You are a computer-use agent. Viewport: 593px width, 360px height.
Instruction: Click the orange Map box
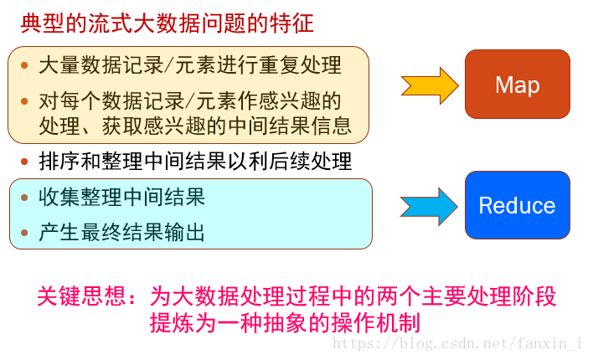[517, 85]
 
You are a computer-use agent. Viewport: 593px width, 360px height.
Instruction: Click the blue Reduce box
[517, 205]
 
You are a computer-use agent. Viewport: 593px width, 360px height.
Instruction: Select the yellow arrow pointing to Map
[430, 85]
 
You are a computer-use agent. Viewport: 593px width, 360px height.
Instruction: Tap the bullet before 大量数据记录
[24, 65]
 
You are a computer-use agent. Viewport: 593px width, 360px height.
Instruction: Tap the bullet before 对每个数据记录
[24, 102]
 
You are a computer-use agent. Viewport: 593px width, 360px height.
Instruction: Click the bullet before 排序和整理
[24, 162]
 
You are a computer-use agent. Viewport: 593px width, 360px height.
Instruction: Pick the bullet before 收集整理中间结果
[24, 198]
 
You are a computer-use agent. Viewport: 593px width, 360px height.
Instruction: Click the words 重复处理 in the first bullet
[305, 65]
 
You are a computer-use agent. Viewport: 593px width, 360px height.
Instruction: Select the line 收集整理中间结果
[121, 198]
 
